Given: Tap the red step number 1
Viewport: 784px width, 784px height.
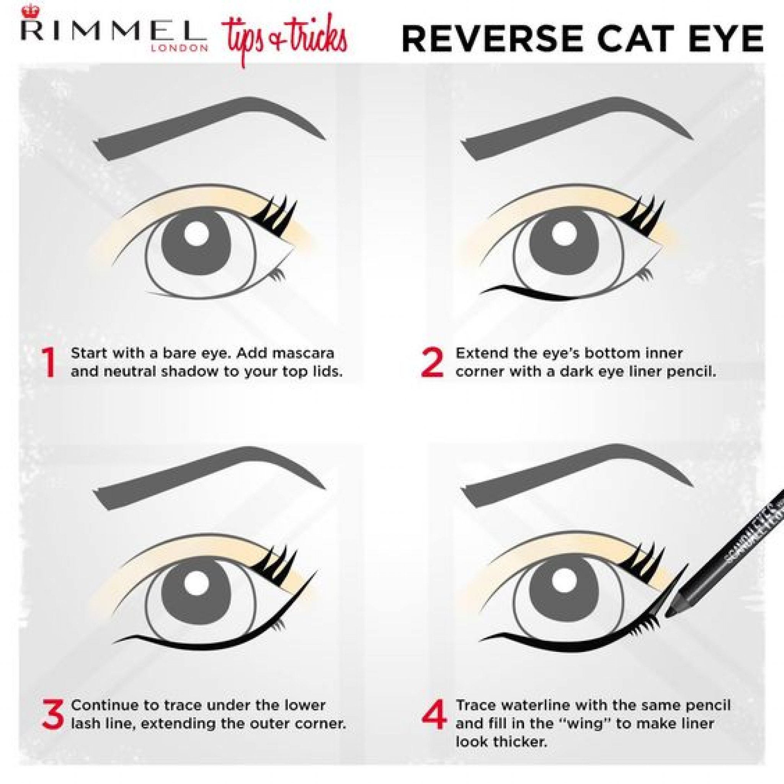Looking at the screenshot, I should point(49,363).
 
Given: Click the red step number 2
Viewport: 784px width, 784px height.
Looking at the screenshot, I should point(432,363).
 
